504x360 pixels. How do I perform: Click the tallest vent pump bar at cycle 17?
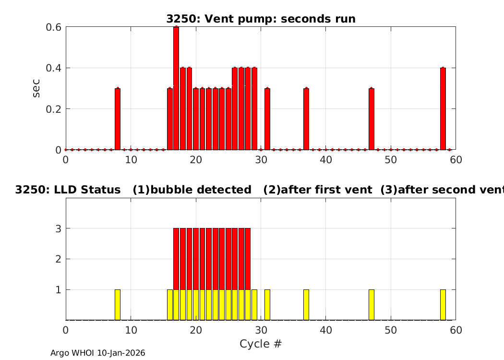176,88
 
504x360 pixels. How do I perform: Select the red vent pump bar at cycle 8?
118,119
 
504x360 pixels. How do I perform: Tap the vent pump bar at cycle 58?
443,108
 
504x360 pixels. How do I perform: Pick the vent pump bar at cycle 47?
372,119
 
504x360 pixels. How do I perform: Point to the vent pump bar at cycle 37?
306,119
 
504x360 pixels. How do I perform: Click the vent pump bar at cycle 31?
267,119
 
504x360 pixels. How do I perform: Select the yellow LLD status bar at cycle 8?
118,305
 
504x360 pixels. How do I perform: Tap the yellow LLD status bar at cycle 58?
443,305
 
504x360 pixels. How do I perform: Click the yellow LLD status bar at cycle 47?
372,305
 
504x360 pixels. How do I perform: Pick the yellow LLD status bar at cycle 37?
306,305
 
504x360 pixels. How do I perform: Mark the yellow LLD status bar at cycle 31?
267,305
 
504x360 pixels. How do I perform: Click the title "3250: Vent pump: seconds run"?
261,19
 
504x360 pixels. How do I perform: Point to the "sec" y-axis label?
36,88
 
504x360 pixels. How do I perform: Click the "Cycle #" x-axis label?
260,344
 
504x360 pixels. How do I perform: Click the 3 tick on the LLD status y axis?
58,228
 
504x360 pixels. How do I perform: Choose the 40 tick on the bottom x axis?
325,330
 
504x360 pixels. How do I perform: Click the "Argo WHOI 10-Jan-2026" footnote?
98,353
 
